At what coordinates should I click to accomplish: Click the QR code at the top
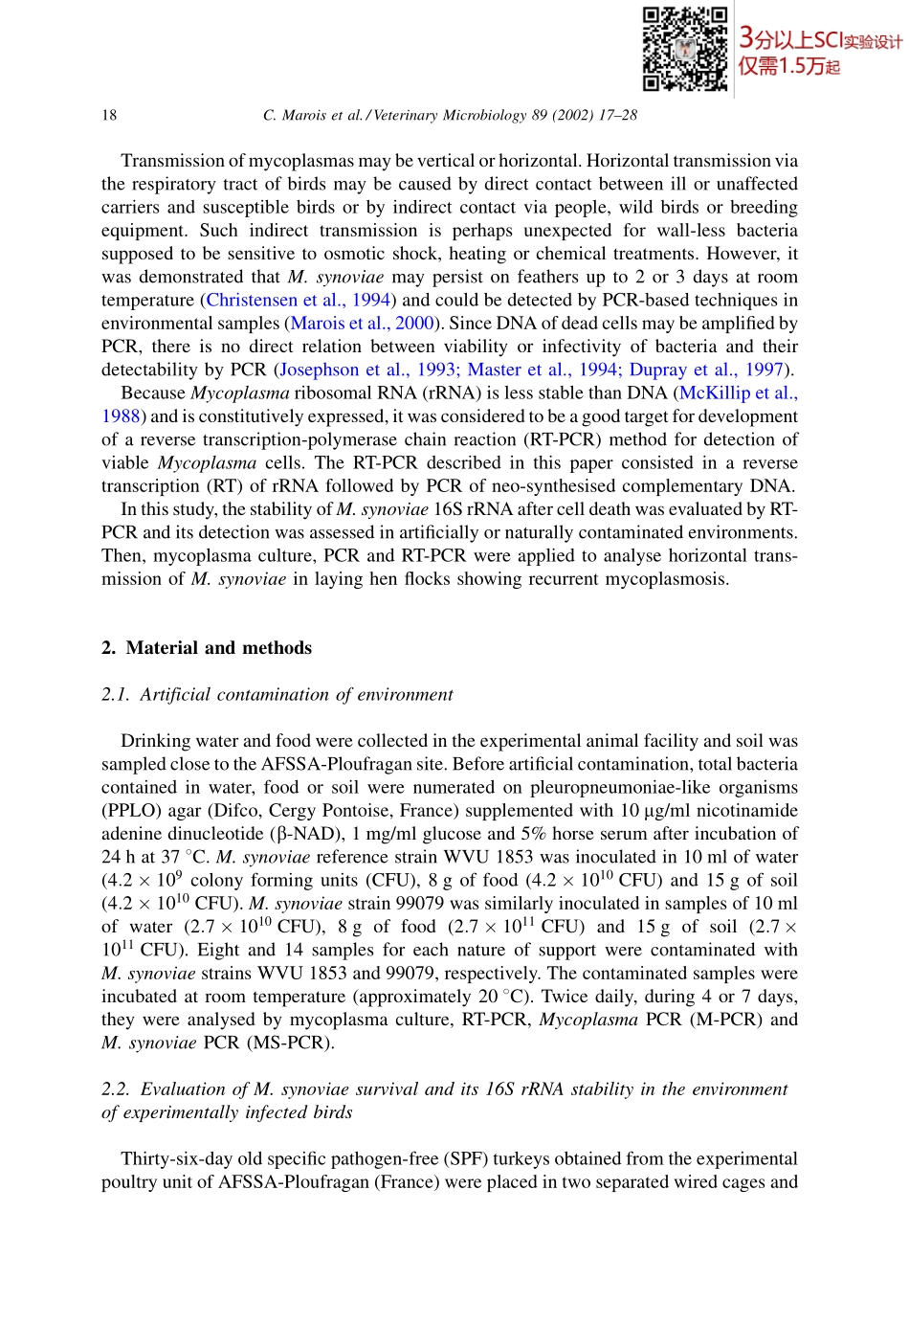click(x=684, y=49)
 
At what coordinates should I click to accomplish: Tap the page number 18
click(x=109, y=115)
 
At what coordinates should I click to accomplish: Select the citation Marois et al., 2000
click(x=362, y=324)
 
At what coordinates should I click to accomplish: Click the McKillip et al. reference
click(x=738, y=393)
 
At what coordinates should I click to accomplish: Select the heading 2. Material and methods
click(x=207, y=648)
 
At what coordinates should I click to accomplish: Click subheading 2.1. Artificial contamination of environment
click(x=277, y=694)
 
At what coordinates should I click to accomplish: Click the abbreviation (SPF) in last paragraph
click(x=466, y=1159)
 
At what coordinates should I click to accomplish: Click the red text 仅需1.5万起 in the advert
click(x=788, y=66)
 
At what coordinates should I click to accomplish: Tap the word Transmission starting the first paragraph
click(x=175, y=161)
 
